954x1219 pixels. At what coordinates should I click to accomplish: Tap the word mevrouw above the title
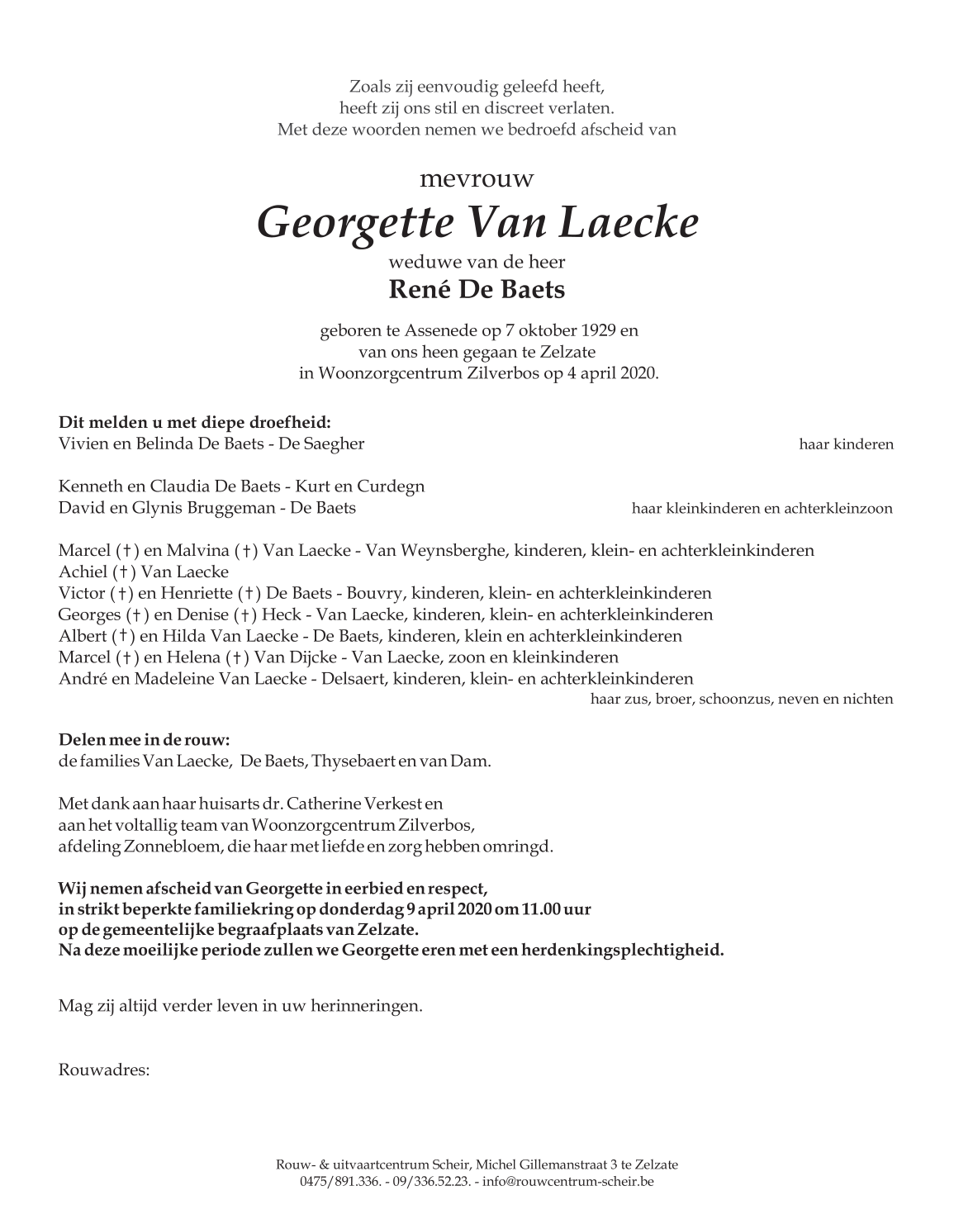(x=477, y=178)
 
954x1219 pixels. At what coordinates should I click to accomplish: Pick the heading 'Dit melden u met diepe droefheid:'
(x=195, y=422)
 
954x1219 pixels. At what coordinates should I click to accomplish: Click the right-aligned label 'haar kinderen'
(x=846, y=444)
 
